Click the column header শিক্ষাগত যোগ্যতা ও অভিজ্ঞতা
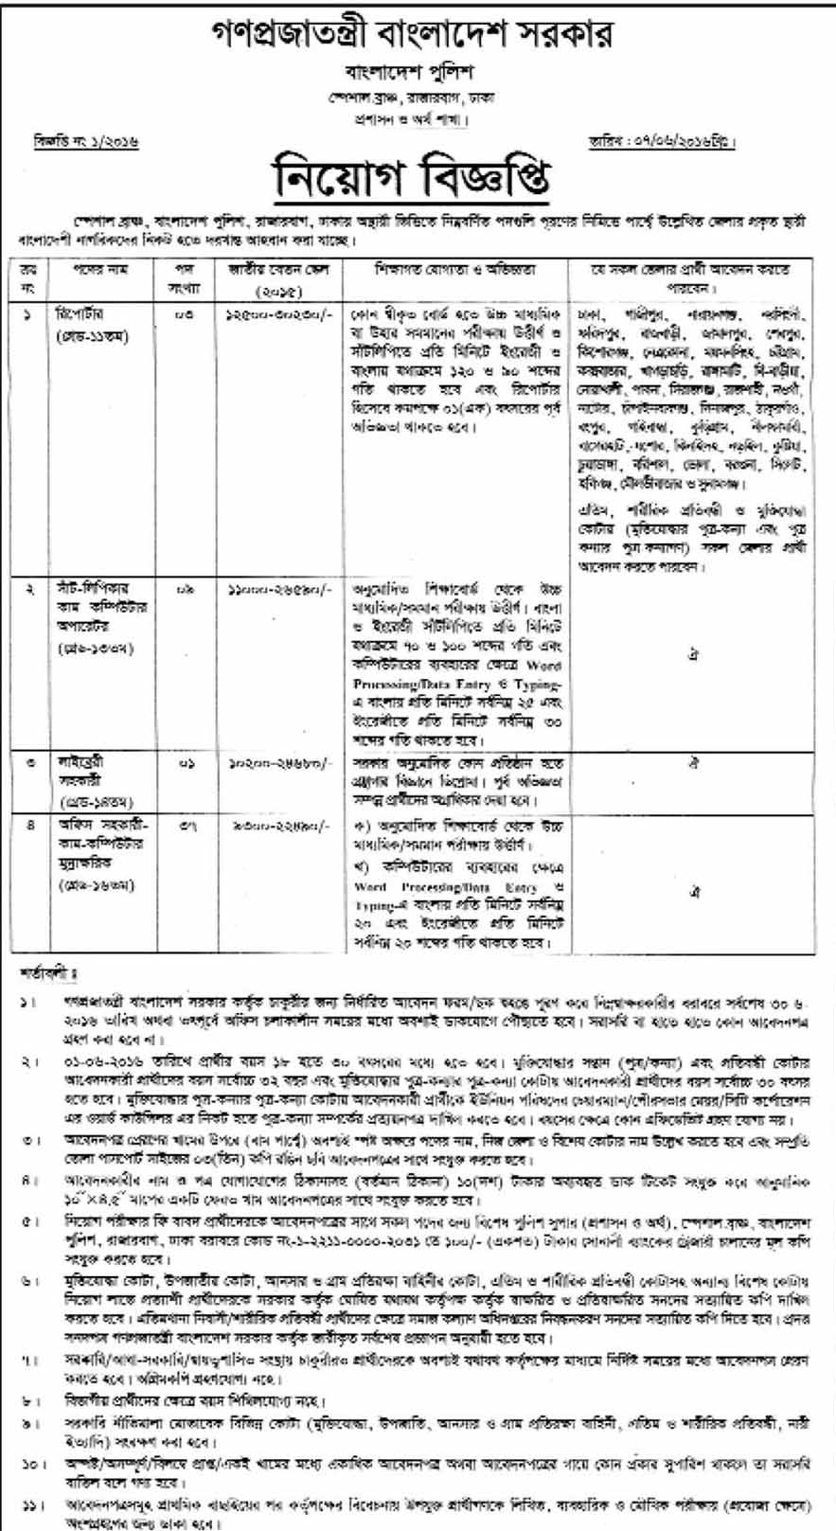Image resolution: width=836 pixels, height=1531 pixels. point(454,270)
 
